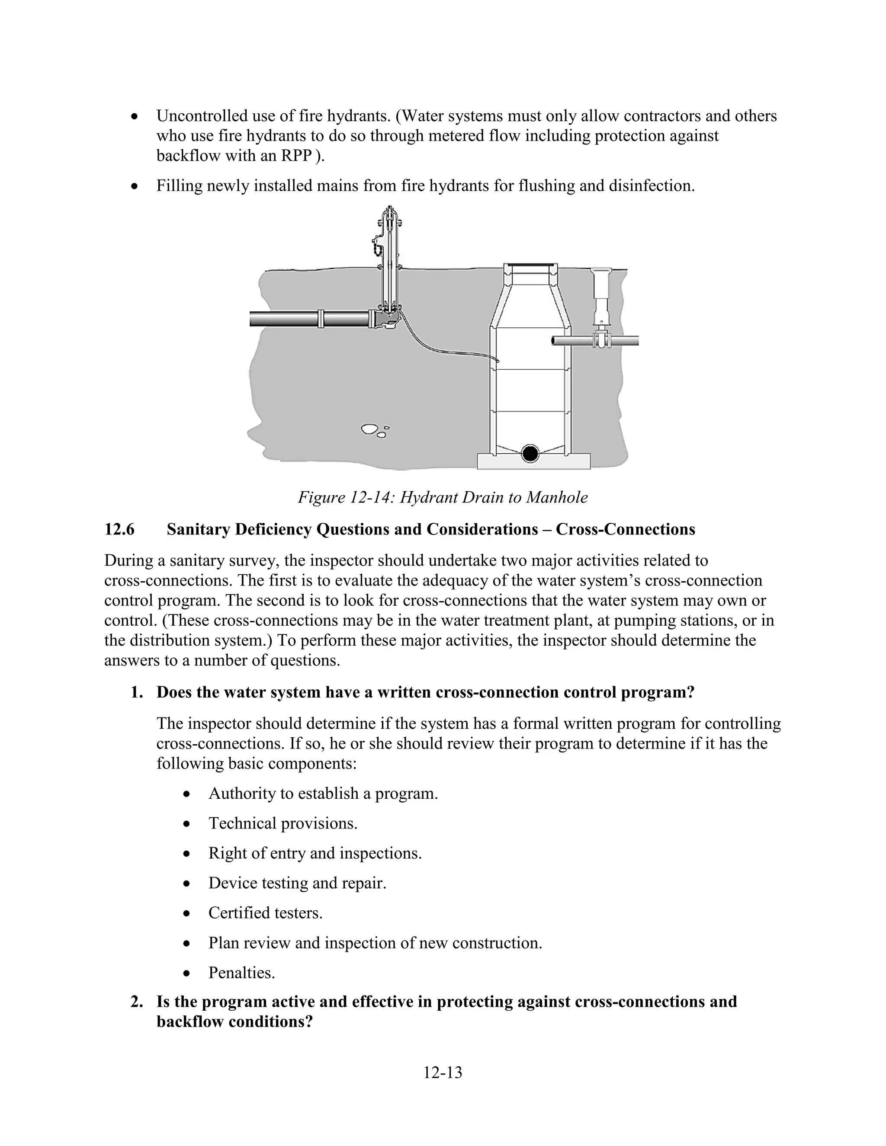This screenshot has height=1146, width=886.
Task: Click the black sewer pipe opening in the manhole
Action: pyautogui.click(x=530, y=453)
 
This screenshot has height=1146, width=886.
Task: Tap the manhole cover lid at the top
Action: pyautogui.click(x=530, y=265)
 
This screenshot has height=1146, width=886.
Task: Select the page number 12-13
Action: pyautogui.click(x=443, y=1072)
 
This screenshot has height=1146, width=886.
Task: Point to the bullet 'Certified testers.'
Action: pyautogui.click(x=265, y=912)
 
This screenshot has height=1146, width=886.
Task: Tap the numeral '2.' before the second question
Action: pyautogui.click(x=136, y=1001)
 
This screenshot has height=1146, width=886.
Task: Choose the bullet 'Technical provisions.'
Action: pyautogui.click(x=282, y=823)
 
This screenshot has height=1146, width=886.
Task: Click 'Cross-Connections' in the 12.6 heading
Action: pyautogui.click(x=625, y=529)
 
